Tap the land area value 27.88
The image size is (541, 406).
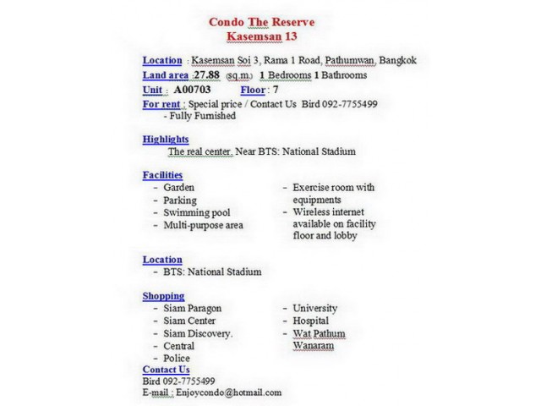(207, 75)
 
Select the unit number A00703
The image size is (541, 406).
(192, 89)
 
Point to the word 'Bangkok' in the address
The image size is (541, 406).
(398, 60)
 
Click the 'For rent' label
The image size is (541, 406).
(163, 103)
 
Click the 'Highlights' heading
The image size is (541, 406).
(166, 139)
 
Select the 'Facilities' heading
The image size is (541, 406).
(162, 175)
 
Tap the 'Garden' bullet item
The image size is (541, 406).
(178, 188)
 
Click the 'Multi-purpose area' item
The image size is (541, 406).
(203, 226)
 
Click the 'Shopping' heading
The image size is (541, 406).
(163, 296)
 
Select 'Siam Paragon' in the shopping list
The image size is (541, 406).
(192, 309)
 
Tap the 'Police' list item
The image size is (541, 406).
(177, 359)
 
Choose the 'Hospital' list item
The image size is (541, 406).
(311, 321)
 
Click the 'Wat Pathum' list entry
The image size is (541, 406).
(319, 334)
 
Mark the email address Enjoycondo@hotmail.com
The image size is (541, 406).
(228, 392)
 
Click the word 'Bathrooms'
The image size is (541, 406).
(344, 75)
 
